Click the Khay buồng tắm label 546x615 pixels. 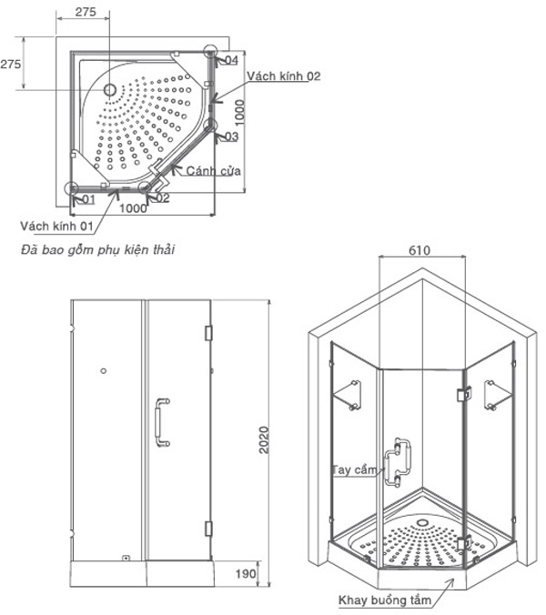click(380, 600)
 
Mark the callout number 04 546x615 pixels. click(231, 60)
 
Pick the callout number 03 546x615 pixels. click(231, 137)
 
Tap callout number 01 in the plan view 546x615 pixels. click(88, 198)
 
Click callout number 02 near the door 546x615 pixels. click(161, 197)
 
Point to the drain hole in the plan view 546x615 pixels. click(109, 90)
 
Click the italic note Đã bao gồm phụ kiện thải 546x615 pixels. click(98, 248)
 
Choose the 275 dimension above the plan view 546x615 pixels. click(85, 12)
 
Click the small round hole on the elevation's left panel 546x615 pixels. click(104, 371)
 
